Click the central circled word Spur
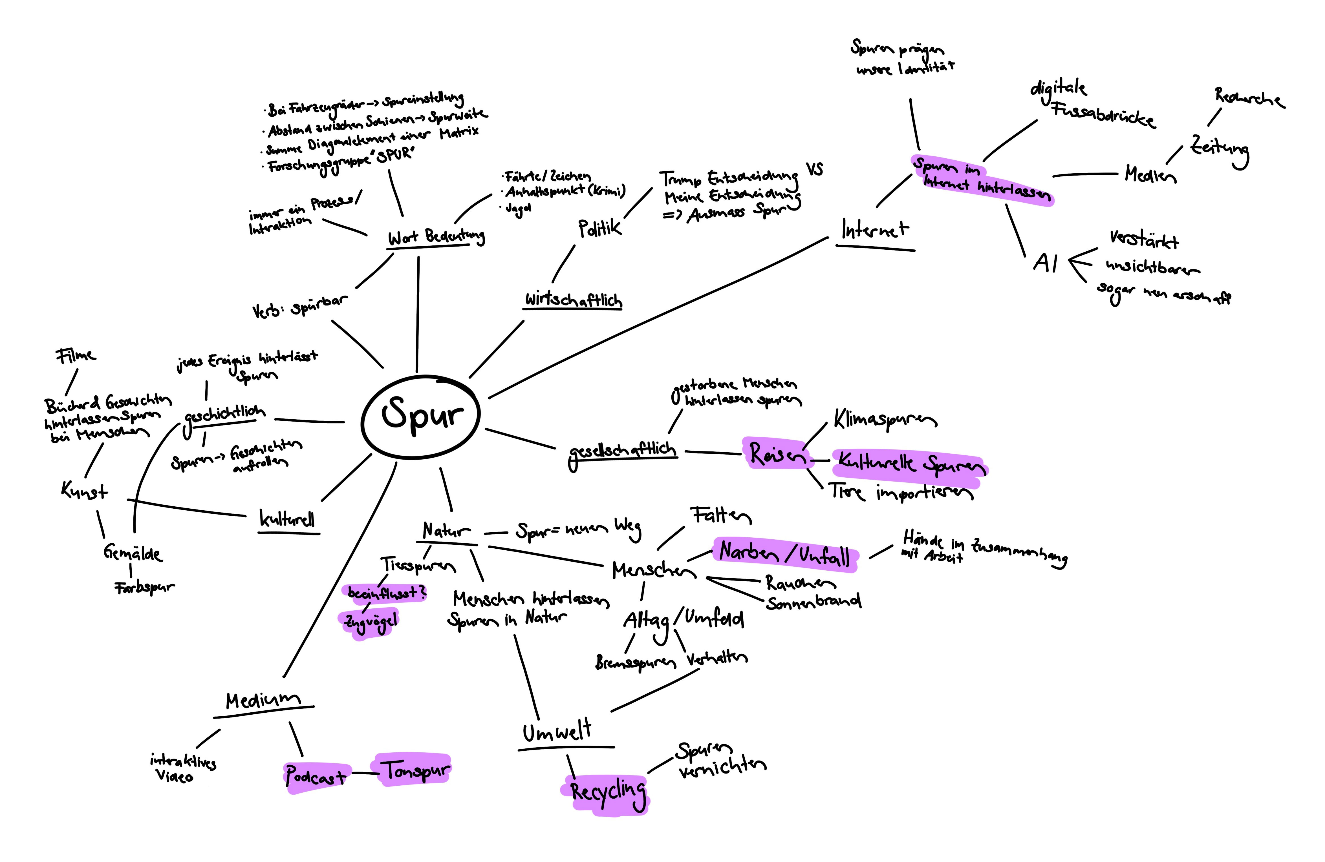click(422, 415)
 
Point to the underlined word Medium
click(263, 700)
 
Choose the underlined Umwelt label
click(557, 732)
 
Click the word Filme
click(75, 355)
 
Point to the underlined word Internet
click(874, 229)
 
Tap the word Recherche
click(1249, 99)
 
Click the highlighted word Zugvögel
click(370, 622)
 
